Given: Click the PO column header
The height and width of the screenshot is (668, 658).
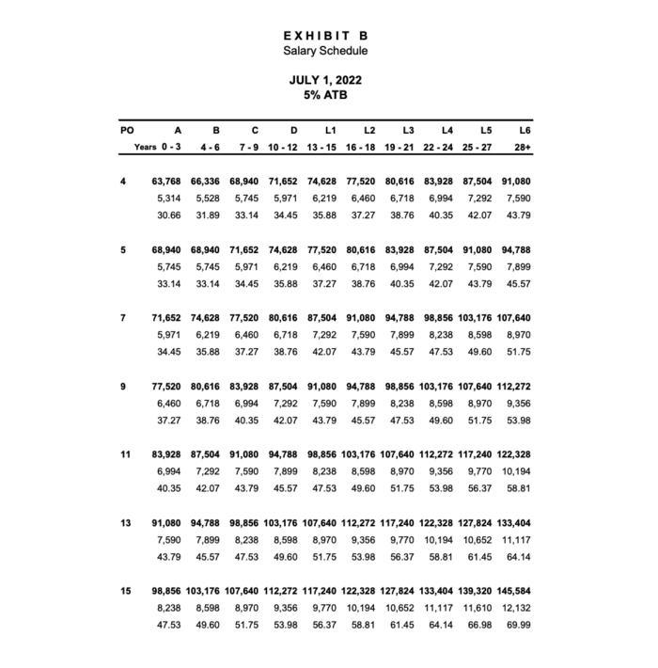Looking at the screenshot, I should tap(128, 130).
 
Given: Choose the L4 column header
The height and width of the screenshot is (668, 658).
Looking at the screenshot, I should tap(446, 130).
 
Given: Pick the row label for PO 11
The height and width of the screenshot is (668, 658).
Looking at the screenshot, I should tap(125, 454).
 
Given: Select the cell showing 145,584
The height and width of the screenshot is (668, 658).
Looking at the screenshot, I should tap(515, 592).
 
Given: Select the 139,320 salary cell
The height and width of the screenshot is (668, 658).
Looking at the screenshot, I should tap(477, 592).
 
